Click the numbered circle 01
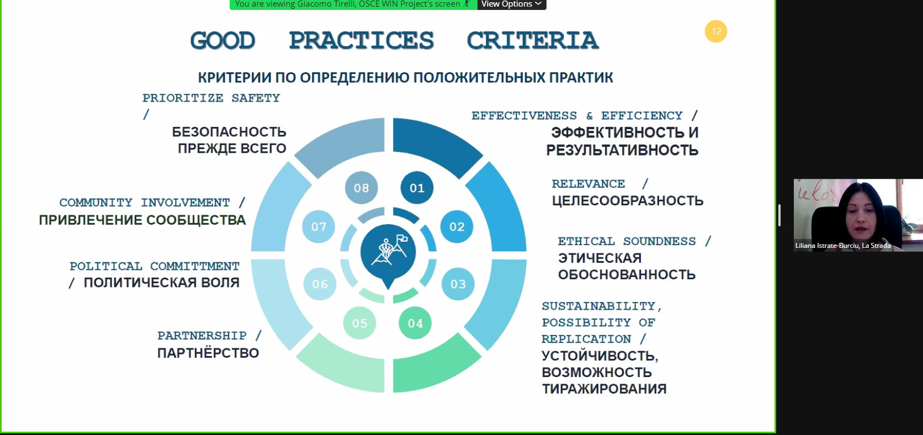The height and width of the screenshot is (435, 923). (x=417, y=188)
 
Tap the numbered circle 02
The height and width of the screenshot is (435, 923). (x=457, y=226)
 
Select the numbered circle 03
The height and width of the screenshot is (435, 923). (x=458, y=284)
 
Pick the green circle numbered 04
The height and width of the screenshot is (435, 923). (x=415, y=323)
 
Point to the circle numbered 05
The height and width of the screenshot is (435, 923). (x=359, y=323)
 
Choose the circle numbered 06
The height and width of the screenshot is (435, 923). (x=320, y=284)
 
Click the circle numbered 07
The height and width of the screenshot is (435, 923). (x=319, y=226)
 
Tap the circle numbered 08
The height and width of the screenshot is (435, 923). (x=362, y=188)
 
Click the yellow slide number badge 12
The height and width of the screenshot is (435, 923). (x=716, y=31)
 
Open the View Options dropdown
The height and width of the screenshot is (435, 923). (x=511, y=4)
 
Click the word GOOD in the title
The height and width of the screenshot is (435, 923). (x=222, y=40)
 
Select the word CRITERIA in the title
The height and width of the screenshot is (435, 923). (x=532, y=40)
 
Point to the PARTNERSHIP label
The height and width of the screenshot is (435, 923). (x=202, y=336)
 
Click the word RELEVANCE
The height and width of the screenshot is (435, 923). (x=588, y=184)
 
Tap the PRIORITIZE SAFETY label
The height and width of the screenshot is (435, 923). (x=211, y=98)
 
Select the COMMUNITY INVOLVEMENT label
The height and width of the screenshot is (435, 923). (x=145, y=203)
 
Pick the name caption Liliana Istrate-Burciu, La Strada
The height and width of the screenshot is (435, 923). (x=843, y=246)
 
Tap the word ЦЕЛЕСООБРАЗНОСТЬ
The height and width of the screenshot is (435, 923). (x=628, y=200)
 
